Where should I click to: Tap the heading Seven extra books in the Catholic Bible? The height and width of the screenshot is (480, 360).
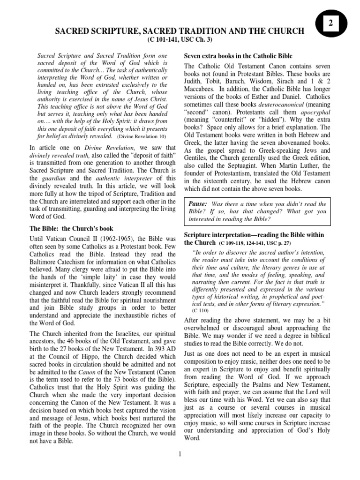[238, 56]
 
